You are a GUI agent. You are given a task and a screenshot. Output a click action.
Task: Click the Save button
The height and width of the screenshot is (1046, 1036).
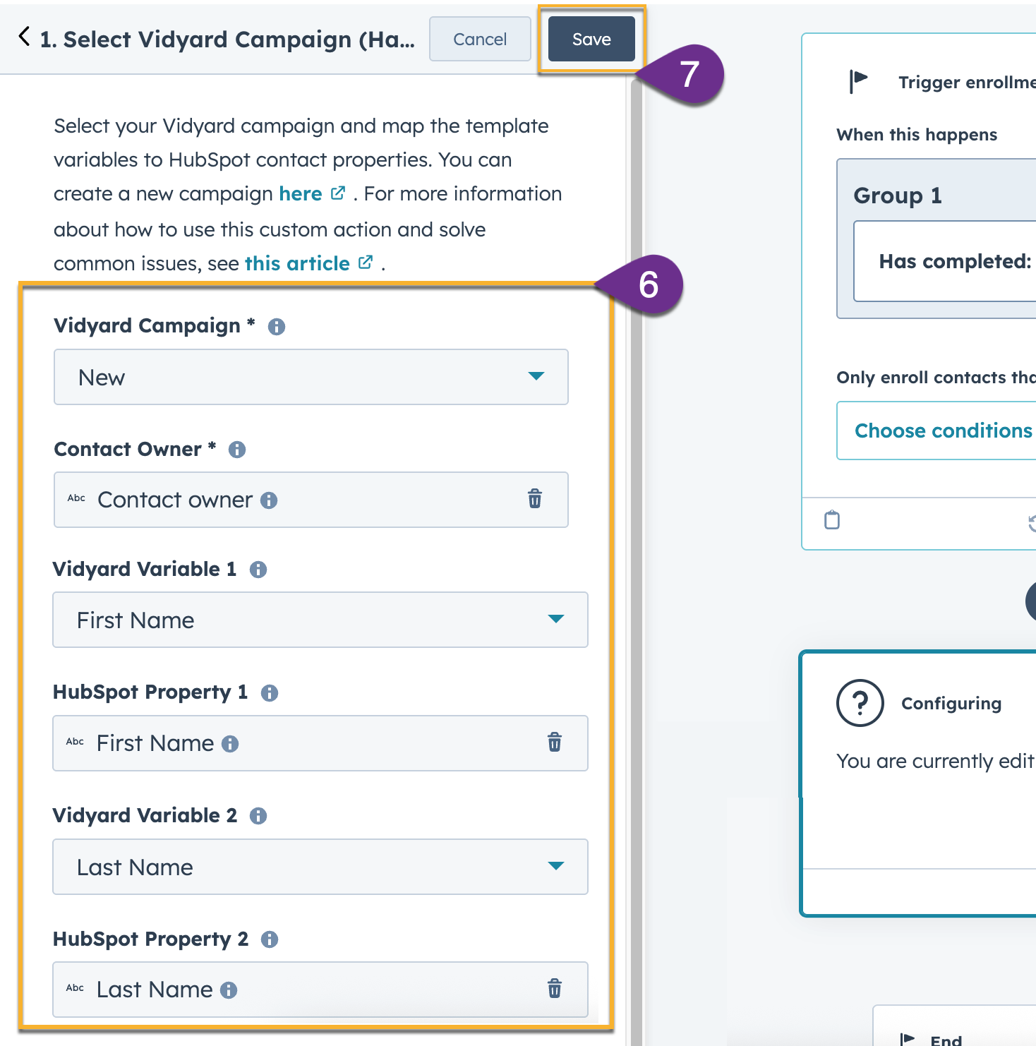point(591,40)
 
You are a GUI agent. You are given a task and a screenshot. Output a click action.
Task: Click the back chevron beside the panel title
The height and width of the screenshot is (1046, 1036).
point(25,37)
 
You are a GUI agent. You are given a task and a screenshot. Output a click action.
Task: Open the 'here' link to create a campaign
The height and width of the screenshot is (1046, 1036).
point(301,194)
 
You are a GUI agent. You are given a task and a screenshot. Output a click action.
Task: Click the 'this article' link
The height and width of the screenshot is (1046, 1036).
point(298,264)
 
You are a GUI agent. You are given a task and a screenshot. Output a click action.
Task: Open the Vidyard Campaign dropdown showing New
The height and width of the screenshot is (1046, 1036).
point(311,377)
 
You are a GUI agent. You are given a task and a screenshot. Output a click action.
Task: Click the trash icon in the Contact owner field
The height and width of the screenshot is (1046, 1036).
point(535,499)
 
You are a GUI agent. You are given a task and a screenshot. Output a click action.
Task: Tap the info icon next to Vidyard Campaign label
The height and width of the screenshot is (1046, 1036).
point(277,327)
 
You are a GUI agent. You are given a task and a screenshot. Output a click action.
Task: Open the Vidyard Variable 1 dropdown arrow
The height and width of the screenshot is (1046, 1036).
point(555,619)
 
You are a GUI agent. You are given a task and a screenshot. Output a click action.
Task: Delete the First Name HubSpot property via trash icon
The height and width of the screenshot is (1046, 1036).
point(555,743)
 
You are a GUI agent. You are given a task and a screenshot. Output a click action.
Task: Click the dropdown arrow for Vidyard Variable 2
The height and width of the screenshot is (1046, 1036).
point(555,866)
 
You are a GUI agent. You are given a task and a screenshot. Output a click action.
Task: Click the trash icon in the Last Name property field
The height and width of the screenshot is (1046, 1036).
point(555,989)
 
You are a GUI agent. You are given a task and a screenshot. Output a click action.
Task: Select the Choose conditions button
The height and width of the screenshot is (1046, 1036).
point(943,431)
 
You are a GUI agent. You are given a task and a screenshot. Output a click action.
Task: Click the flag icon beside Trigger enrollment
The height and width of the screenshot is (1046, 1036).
point(858,80)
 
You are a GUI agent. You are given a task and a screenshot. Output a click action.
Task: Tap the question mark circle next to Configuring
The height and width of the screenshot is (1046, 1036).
point(860,703)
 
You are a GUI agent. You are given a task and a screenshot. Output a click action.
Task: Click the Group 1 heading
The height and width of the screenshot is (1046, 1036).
point(898,196)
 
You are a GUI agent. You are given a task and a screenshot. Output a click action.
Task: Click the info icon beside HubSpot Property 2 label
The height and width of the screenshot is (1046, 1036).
point(270,939)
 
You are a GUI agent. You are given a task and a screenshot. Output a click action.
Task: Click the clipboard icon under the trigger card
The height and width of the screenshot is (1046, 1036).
point(832,520)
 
